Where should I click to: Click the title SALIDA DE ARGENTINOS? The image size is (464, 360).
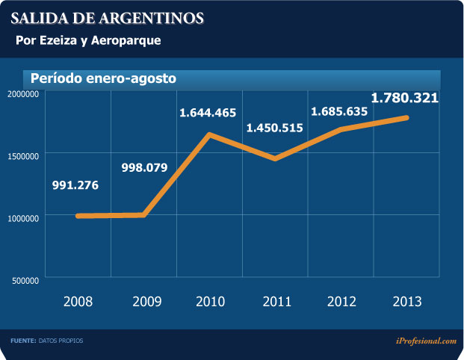pyautogui.click(x=106, y=16)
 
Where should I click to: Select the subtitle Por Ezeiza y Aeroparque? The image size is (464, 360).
pyautogui.click(x=88, y=40)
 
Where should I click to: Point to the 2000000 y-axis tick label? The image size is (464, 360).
pyautogui.click(x=24, y=93)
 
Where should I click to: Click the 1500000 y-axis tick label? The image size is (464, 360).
pyautogui.click(x=24, y=155)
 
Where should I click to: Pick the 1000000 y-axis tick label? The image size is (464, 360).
pyautogui.click(x=24, y=217)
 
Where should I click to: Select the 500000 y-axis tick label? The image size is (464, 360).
pyautogui.click(x=26, y=280)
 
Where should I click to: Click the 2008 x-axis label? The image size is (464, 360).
pyautogui.click(x=78, y=302)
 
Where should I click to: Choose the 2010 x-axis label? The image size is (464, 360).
pyautogui.click(x=211, y=302)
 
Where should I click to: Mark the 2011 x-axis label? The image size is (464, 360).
pyautogui.click(x=277, y=302)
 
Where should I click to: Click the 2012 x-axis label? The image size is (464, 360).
pyautogui.click(x=342, y=302)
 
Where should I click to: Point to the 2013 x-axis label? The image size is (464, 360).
pyautogui.click(x=407, y=302)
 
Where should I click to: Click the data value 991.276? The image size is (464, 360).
pyautogui.click(x=75, y=185)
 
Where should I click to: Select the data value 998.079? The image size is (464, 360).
pyautogui.click(x=145, y=167)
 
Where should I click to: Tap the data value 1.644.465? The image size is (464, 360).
pyautogui.click(x=207, y=114)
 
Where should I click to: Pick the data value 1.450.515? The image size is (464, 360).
pyautogui.click(x=275, y=128)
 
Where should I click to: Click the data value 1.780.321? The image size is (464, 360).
pyautogui.click(x=404, y=98)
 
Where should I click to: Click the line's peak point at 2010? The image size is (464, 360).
pyautogui.click(x=210, y=134)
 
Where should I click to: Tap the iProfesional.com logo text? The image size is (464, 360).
pyautogui.click(x=426, y=341)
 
